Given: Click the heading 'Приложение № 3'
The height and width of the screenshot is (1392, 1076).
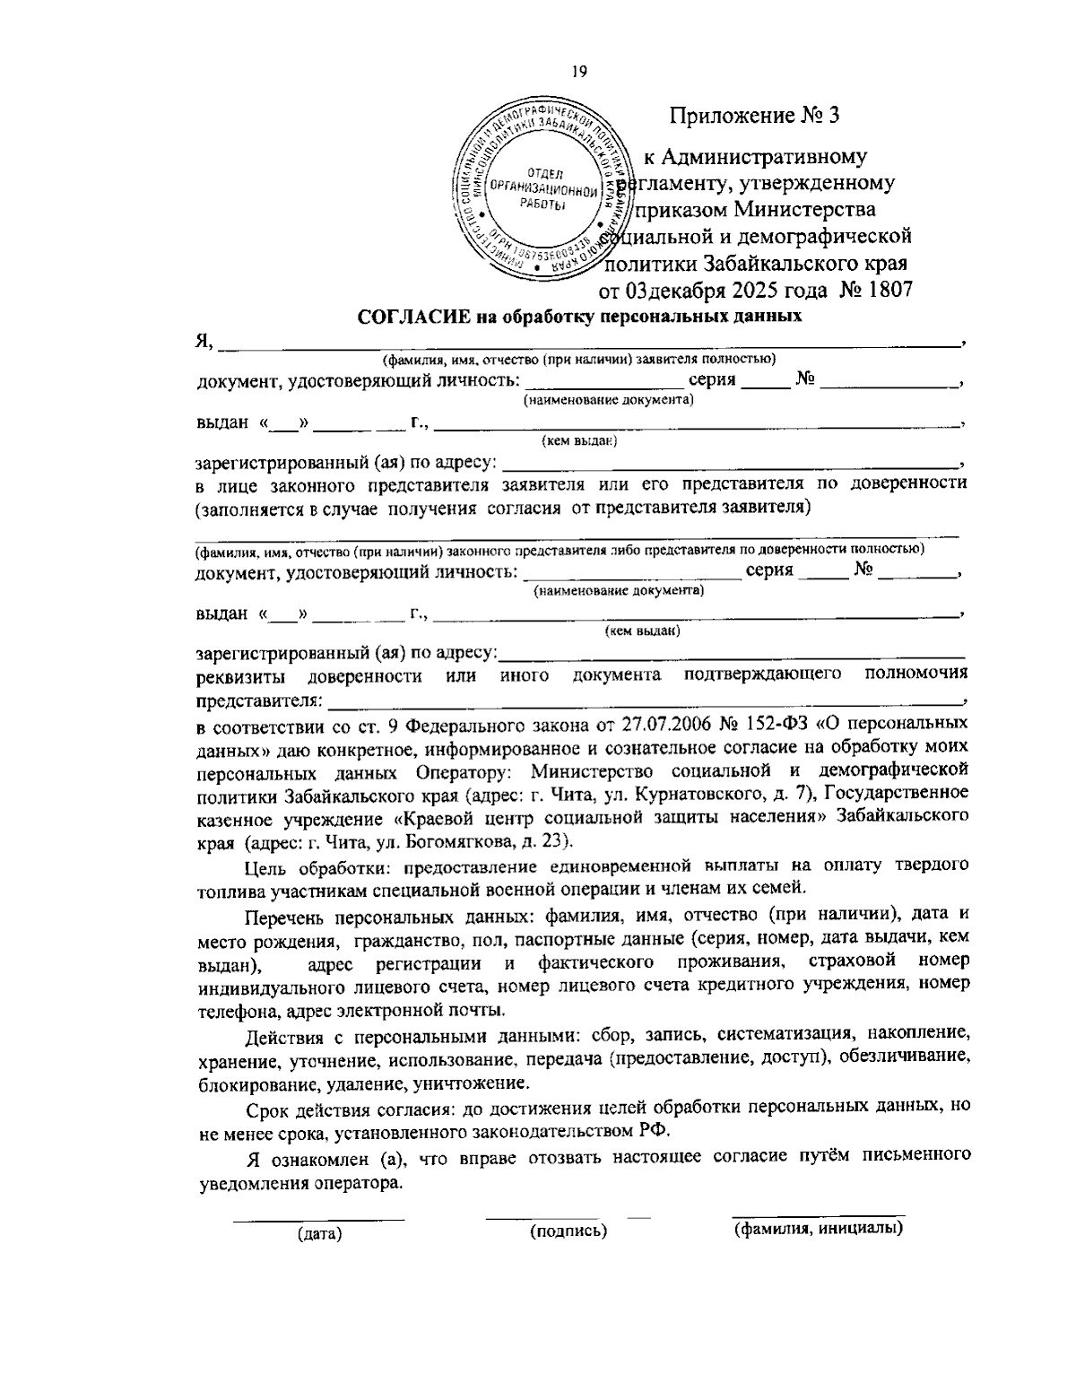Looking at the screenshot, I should point(755,116).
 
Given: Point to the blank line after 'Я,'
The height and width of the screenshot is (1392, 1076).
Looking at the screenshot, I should point(587,345).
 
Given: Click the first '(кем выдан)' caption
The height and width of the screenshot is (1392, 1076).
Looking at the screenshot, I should point(578,440).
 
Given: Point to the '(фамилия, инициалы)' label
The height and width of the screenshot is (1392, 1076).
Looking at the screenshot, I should point(818,1229).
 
